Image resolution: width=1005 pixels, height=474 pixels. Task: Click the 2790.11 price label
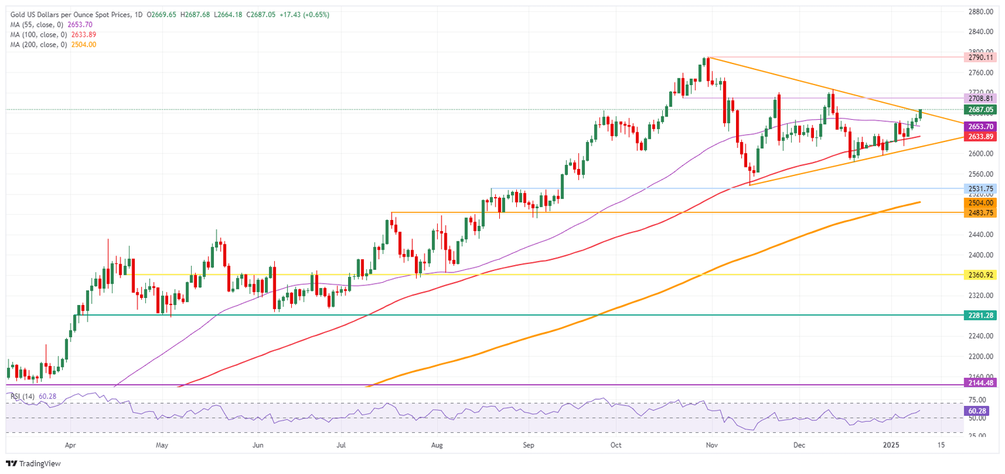point(980,58)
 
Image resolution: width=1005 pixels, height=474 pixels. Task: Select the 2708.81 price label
point(980,98)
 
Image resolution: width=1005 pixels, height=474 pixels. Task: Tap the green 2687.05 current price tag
point(980,110)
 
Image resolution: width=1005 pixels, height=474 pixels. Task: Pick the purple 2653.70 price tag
point(980,126)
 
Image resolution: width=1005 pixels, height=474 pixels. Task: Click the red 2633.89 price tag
point(980,136)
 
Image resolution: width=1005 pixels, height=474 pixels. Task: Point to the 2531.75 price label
point(980,189)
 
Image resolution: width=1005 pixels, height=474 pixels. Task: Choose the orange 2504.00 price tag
point(980,203)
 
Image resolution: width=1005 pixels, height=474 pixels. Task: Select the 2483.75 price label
point(980,213)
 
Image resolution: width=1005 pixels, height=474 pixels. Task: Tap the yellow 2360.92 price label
point(980,275)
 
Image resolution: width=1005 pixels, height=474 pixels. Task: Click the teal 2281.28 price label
point(980,315)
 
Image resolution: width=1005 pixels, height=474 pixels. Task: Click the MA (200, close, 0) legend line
point(49,45)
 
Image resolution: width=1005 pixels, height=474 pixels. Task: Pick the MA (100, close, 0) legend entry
point(49,34)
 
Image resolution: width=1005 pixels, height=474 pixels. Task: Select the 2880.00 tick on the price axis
point(981,12)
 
